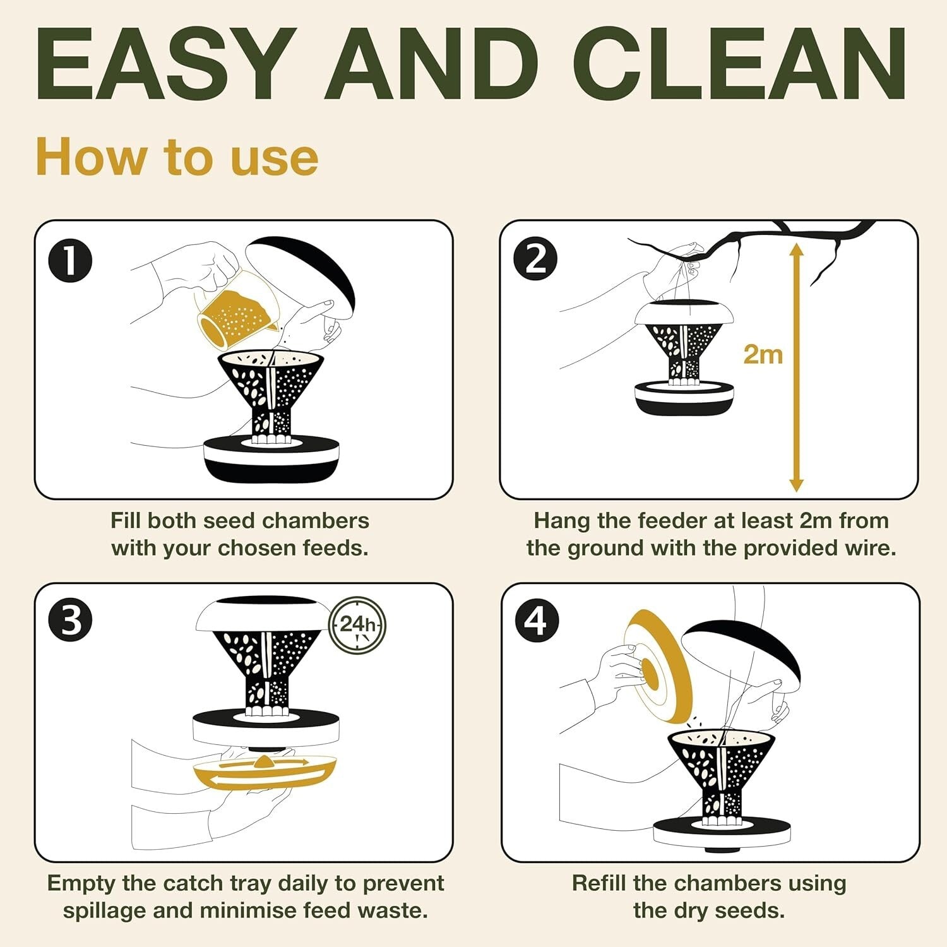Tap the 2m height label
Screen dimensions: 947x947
[x=763, y=354]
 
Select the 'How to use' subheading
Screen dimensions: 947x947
[x=177, y=158]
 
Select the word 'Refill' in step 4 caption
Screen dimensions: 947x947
[x=599, y=883]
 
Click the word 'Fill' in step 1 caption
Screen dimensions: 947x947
[x=126, y=521]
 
